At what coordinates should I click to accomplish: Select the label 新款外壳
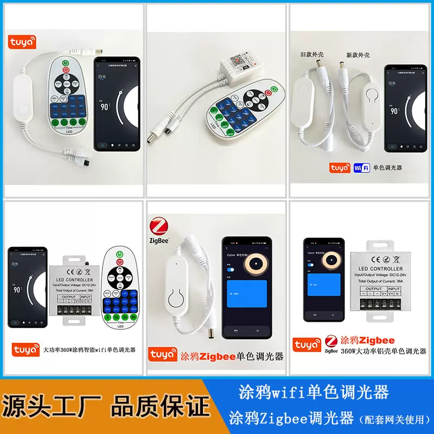tap(358, 55)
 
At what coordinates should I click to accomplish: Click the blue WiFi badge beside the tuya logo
tap(361, 168)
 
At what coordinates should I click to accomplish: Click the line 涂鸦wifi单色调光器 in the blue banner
tap(314, 392)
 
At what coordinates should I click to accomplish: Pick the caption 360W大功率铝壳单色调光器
tap(383, 351)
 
